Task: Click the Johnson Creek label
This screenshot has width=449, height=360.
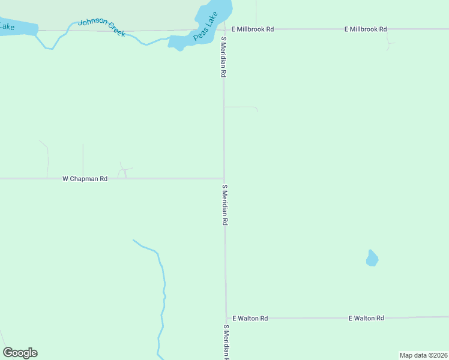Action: [102, 27]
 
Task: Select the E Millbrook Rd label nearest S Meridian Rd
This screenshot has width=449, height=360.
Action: [253, 29]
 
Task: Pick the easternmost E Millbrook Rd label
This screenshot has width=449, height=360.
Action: [366, 29]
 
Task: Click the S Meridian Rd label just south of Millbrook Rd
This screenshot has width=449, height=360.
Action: [223, 57]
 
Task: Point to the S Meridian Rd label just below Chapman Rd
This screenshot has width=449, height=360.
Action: [224, 205]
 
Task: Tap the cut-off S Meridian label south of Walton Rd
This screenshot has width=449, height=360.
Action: [227, 342]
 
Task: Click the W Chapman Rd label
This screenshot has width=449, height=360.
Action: [85, 179]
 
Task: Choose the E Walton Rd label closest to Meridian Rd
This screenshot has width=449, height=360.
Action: [250, 318]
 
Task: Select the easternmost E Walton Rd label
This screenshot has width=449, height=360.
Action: [366, 318]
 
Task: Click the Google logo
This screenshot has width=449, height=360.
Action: [20, 353]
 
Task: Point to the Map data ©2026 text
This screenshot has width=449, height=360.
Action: [423, 355]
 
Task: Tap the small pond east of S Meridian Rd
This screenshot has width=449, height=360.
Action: [372, 259]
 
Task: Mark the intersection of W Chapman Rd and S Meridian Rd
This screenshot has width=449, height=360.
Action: [224, 178]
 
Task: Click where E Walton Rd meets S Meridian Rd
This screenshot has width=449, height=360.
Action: [226, 318]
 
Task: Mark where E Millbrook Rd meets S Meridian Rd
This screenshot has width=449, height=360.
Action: [223, 29]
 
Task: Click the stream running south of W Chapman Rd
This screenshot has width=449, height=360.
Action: [162, 288]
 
